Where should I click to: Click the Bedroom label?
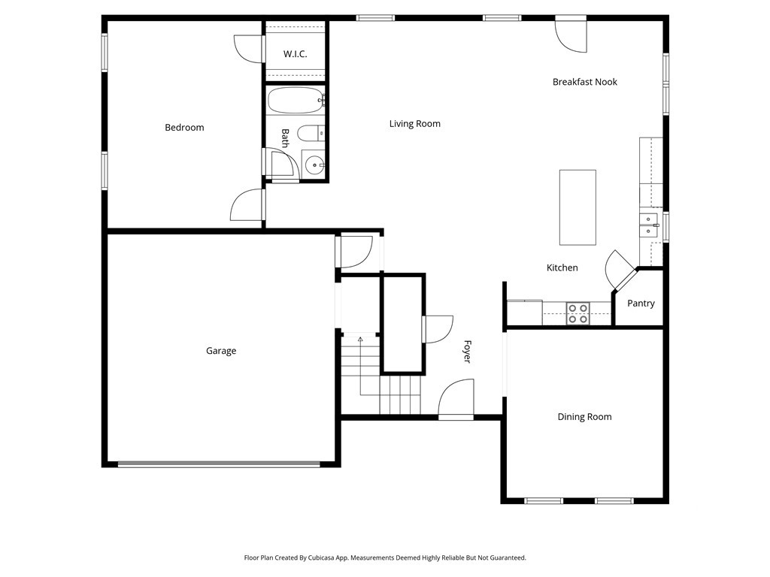[184, 128]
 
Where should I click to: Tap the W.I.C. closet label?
[295, 54]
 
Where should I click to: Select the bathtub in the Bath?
[295, 101]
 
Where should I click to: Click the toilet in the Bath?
[311, 133]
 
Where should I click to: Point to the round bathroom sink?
[314, 165]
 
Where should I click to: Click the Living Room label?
[415, 124]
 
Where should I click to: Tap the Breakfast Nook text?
[585, 82]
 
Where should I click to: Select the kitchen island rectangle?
[578, 207]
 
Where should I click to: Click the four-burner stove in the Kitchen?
[578, 314]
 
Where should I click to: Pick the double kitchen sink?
[648, 225]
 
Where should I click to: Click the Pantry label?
[641, 304]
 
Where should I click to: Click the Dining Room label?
[584, 417]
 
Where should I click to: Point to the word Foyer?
[467, 352]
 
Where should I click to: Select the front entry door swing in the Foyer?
[456, 397]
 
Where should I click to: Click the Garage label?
[221, 351]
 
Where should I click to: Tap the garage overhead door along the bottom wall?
[219, 464]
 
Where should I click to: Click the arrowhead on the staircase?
[360, 339]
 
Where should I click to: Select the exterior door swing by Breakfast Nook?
[571, 35]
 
